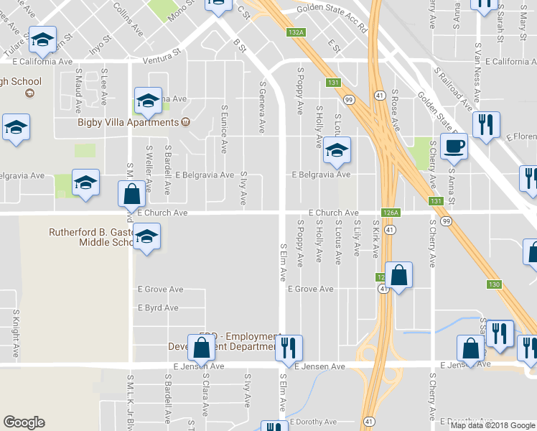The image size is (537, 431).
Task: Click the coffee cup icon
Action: coord(454,147)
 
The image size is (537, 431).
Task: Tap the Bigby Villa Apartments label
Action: coord(128,121)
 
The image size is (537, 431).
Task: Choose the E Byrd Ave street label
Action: coord(158,307)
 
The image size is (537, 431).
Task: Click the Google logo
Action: coord(24,422)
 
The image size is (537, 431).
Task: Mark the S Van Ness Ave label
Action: coord(477,72)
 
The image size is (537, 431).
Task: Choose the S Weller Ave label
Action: coord(149,170)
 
